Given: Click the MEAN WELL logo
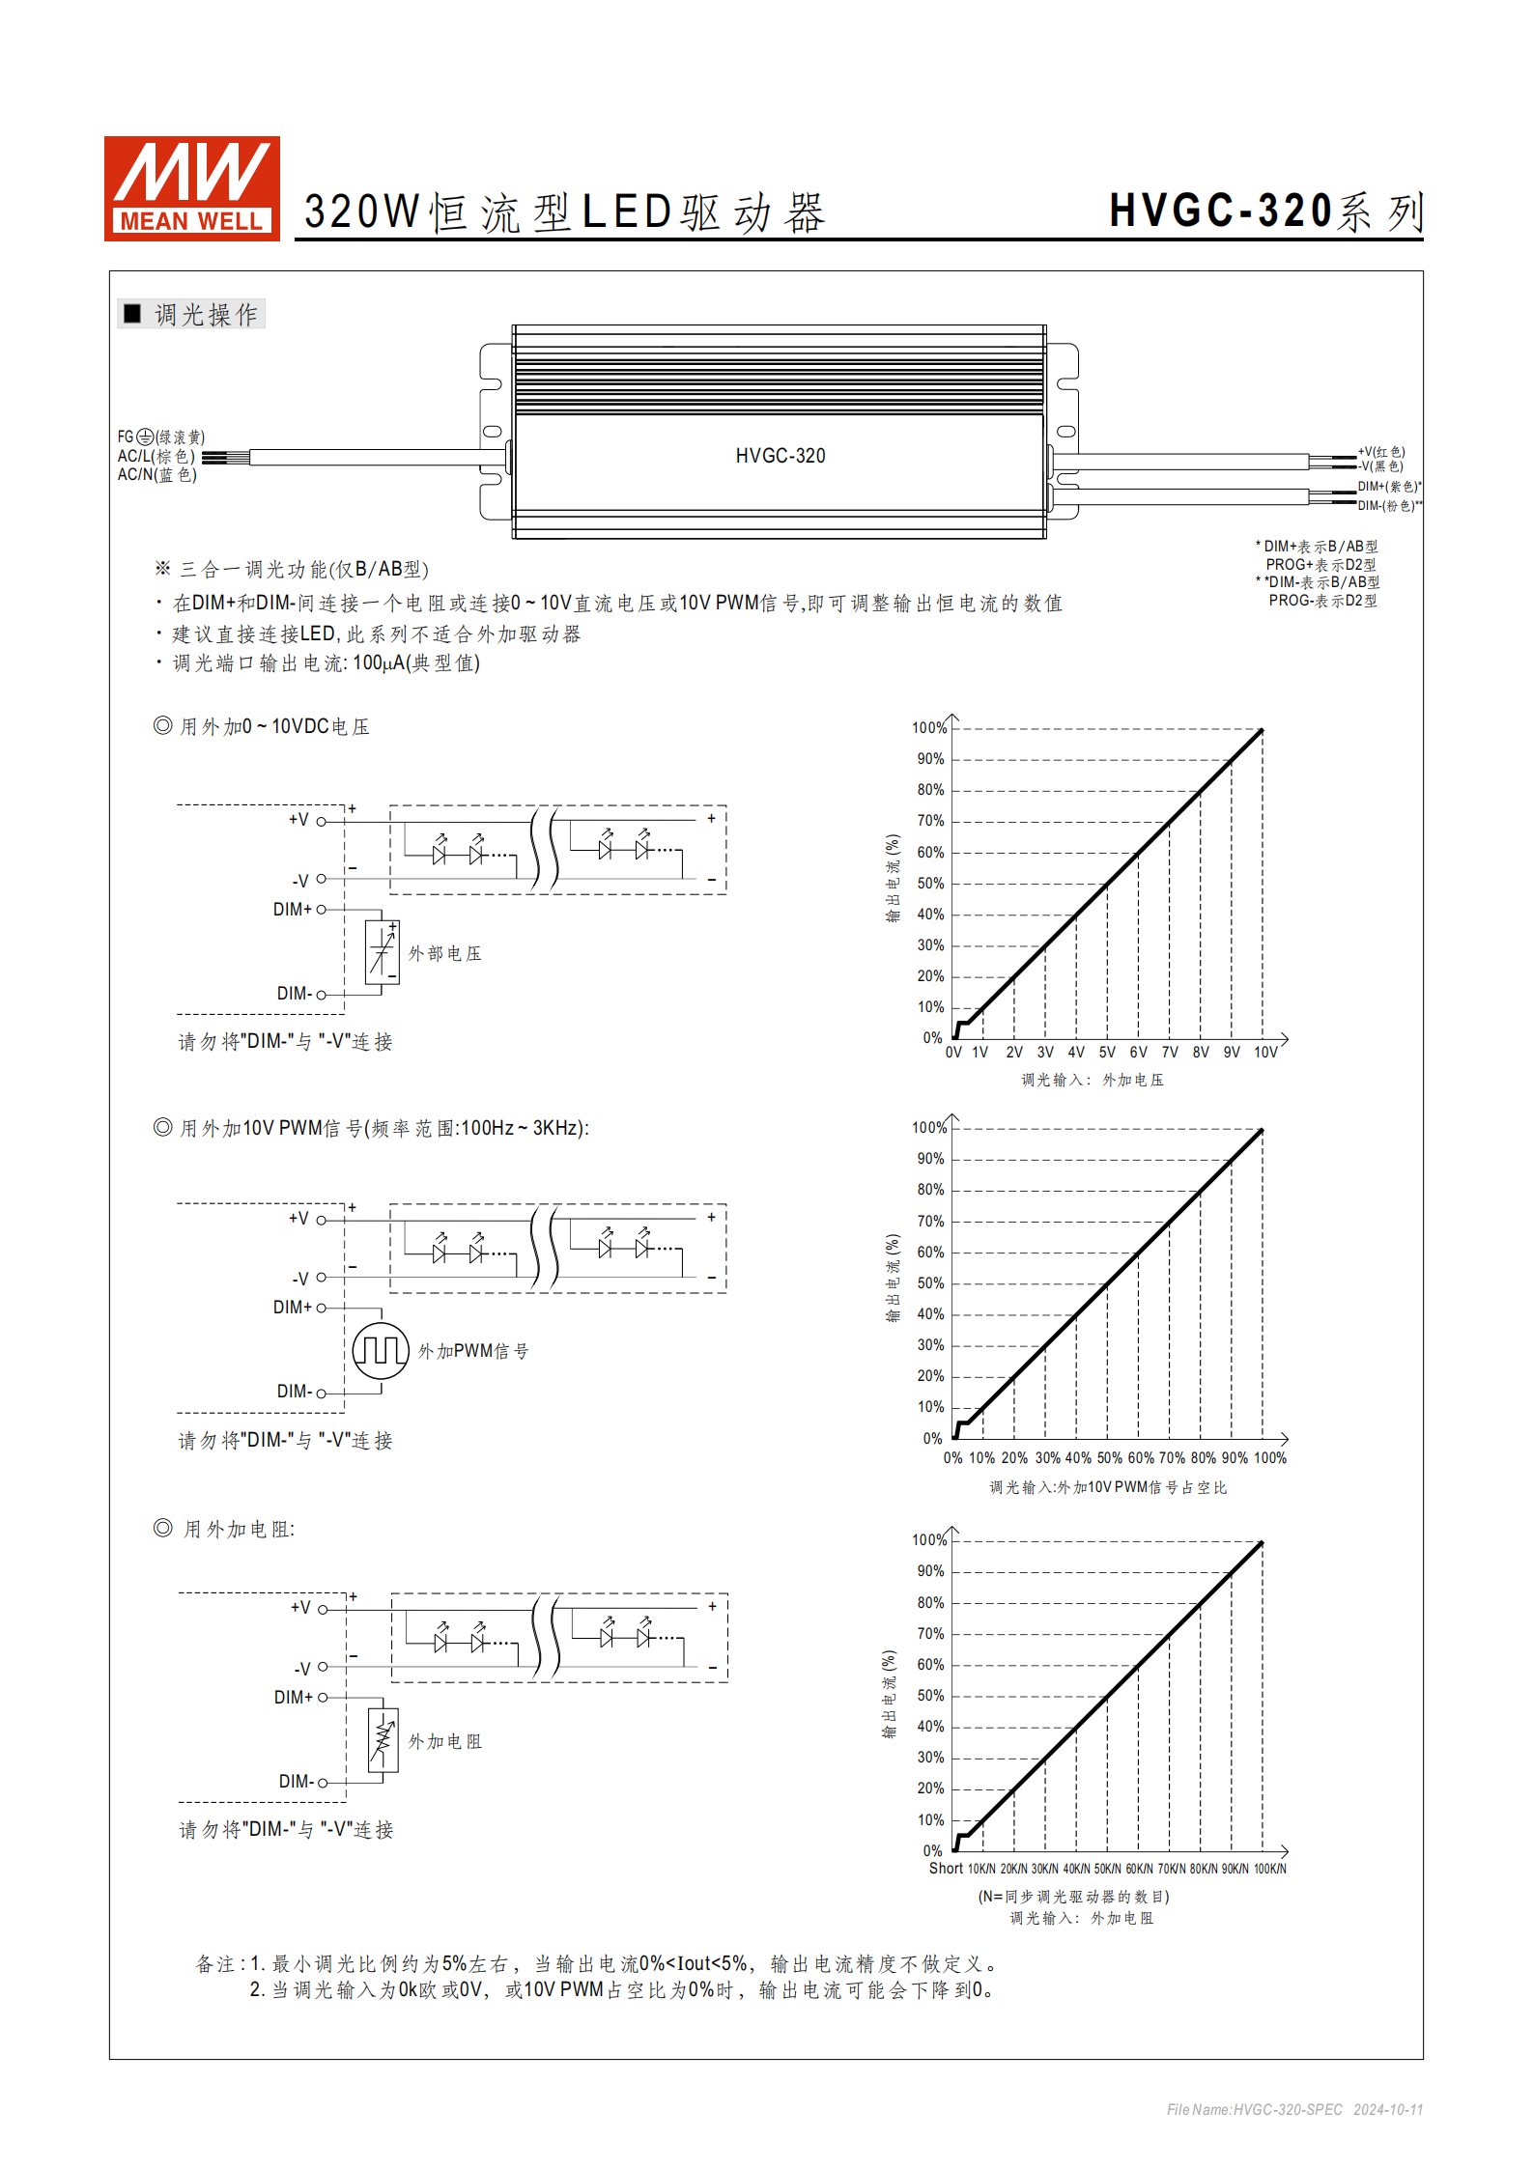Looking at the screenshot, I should point(191,188).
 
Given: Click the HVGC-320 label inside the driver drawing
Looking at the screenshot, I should point(780,456).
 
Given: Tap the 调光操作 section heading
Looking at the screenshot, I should point(205,315).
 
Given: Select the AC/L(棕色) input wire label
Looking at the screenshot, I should point(156,456).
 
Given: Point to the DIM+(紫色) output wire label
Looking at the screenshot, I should point(1388,487).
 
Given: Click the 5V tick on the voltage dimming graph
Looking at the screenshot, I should point(1107,1053).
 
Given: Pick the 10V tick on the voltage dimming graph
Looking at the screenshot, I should point(1265,1053).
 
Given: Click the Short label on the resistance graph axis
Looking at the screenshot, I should point(946,1869).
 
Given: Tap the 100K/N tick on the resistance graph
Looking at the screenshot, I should point(1269,1870).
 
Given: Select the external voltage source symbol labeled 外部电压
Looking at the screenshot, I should point(383,952).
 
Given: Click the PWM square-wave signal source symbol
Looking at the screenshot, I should point(381,1350).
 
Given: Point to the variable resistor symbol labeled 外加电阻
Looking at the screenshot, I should point(383,1740).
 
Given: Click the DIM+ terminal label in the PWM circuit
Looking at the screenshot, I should point(293,1308).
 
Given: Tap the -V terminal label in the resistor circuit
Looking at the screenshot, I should point(302,1669).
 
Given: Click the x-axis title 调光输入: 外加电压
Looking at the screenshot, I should point(1092,1080).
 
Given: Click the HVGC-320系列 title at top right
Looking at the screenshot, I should point(1265,211).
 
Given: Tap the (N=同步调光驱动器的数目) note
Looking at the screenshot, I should point(1073,1897).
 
